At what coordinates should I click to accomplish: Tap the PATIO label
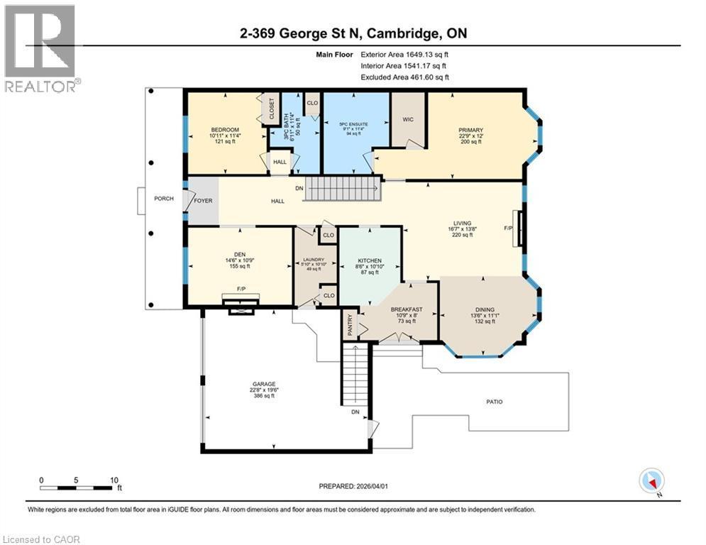tap(494, 402)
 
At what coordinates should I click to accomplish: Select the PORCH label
tap(164, 198)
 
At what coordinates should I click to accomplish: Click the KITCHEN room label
tap(369, 261)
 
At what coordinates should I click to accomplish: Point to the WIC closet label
tap(407, 120)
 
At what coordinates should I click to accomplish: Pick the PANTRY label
tap(348, 326)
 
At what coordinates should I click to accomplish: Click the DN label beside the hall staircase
tap(299, 189)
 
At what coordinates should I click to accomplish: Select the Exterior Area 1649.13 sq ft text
tap(404, 54)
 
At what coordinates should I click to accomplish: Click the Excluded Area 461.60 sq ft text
tap(404, 77)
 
